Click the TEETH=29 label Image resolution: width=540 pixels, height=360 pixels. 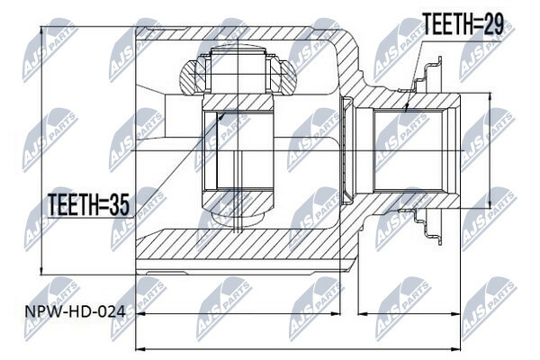[463, 23]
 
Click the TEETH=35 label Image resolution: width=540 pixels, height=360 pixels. [88, 204]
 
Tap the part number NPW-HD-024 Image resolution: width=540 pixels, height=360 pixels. [75, 312]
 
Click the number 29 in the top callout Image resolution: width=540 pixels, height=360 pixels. [492, 23]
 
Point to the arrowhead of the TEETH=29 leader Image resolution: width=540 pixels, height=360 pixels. [406, 109]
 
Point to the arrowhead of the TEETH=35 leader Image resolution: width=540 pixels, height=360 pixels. [221, 116]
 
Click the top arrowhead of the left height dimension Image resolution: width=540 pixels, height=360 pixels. [41, 31]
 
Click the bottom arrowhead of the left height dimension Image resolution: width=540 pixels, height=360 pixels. [41, 270]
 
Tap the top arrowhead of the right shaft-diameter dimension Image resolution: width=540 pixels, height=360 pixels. [490, 97]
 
